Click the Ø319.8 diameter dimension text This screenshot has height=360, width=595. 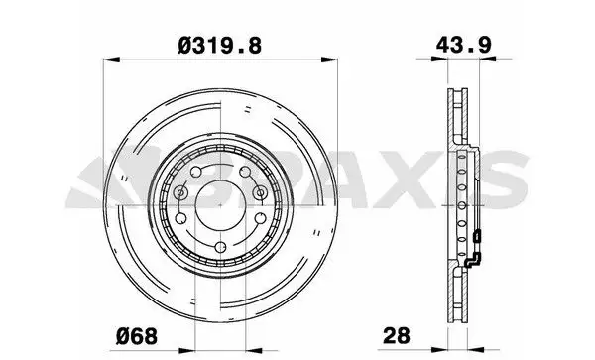coord(220,46)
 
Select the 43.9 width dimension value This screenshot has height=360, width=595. coord(463,45)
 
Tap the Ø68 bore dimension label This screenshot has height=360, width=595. coord(137,336)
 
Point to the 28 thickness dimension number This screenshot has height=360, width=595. coord(397,336)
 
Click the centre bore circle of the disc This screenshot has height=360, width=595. coord(220,205)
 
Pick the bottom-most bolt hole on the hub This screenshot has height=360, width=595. coord(220,247)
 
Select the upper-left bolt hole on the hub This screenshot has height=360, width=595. coord(195,172)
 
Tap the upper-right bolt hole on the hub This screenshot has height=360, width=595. coord(246,172)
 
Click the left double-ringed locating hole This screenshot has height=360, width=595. coord(180,193)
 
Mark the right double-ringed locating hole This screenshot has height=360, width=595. coord(260,193)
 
